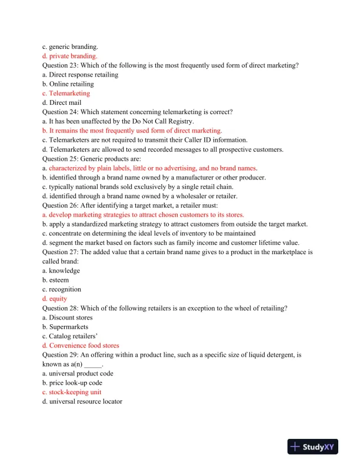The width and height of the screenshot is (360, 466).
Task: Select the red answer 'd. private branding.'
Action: pyautogui.click(x=74, y=56)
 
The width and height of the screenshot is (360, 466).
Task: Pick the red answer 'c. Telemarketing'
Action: pyautogui.click(x=66, y=93)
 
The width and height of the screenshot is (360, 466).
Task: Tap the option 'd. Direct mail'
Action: pyautogui.click(x=61, y=102)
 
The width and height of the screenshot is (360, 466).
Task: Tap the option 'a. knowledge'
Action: pyautogui.click(x=61, y=271)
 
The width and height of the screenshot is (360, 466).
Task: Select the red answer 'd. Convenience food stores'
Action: pyautogui.click(x=85, y=345)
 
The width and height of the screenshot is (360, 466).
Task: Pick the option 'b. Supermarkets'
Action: pyautogui.click(x=65, y=327)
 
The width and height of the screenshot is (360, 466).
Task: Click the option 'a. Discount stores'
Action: pyautogui.click(x=68, y=318)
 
